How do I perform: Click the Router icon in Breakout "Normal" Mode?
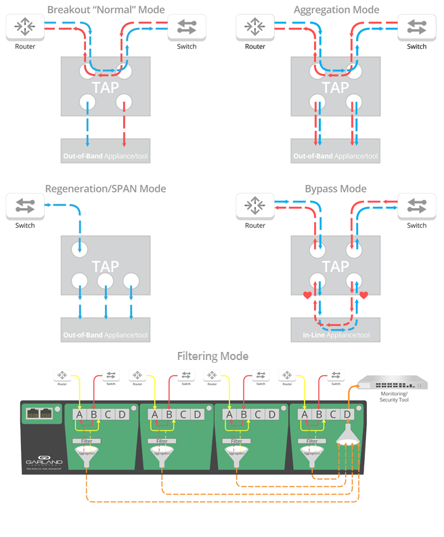coord(25,27)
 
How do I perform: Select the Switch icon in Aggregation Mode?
coord(416,27)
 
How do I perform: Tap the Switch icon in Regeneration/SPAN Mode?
coord(25,206)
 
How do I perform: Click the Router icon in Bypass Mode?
coord(254,206)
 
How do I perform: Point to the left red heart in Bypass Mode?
coord(307,295)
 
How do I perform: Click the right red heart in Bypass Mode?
coord(363,295)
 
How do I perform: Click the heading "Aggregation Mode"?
coord(336,9)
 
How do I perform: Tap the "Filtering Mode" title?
coord(213,356)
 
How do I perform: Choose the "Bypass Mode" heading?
coord(336,188)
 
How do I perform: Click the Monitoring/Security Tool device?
coord(393,383)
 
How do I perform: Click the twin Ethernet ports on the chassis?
coord(41,413)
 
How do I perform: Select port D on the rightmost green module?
coord(347,414)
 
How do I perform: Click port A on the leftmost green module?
coord(79,414)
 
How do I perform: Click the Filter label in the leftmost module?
coord(86,441)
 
